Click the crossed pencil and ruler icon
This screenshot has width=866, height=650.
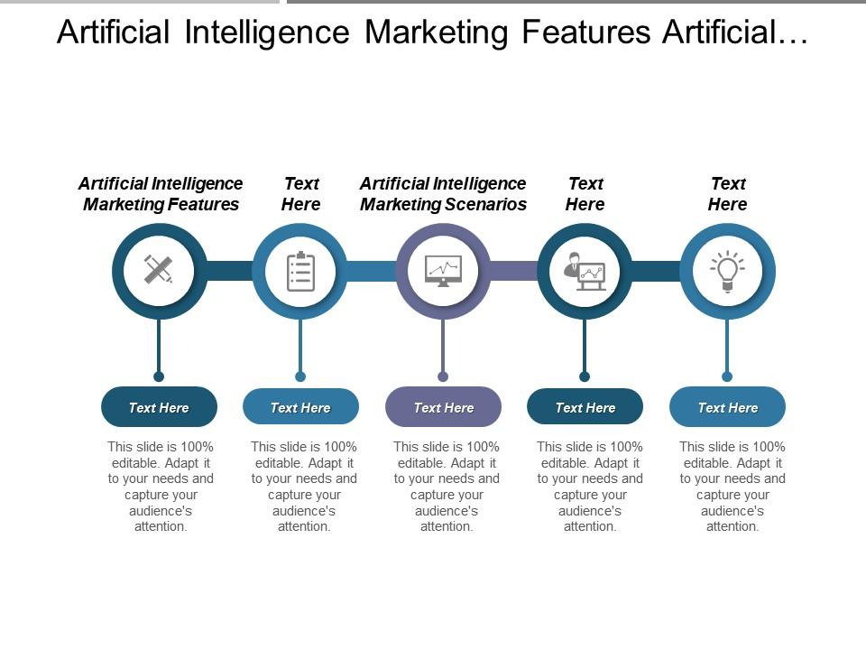tap(159, 270)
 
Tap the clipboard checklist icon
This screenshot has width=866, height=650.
tap(300, 271)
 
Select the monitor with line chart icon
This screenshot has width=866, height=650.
tap(443, 271)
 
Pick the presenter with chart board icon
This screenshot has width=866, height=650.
tap(585, 271)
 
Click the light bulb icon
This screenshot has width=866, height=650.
tap(727, 271)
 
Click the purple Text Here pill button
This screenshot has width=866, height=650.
tap(443, 407)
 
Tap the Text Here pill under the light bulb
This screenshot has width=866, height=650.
tap(727, 407)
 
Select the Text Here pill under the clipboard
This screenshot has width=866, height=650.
tap(300, 407)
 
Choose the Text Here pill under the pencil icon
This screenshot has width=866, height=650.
tap(159, 407)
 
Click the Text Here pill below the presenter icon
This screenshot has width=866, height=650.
tap(585, 407)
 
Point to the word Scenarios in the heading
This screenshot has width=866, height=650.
tap(484, 205)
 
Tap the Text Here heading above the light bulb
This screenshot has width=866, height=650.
tap(727, 194)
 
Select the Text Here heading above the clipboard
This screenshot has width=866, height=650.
tap(300, 194)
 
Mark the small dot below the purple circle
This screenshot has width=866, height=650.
tap(443, 376)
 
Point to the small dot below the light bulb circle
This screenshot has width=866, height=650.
tap(727, 376)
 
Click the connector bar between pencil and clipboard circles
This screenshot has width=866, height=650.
tap(229, 271)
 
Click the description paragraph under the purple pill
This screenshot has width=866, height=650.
tap(446, 486)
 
